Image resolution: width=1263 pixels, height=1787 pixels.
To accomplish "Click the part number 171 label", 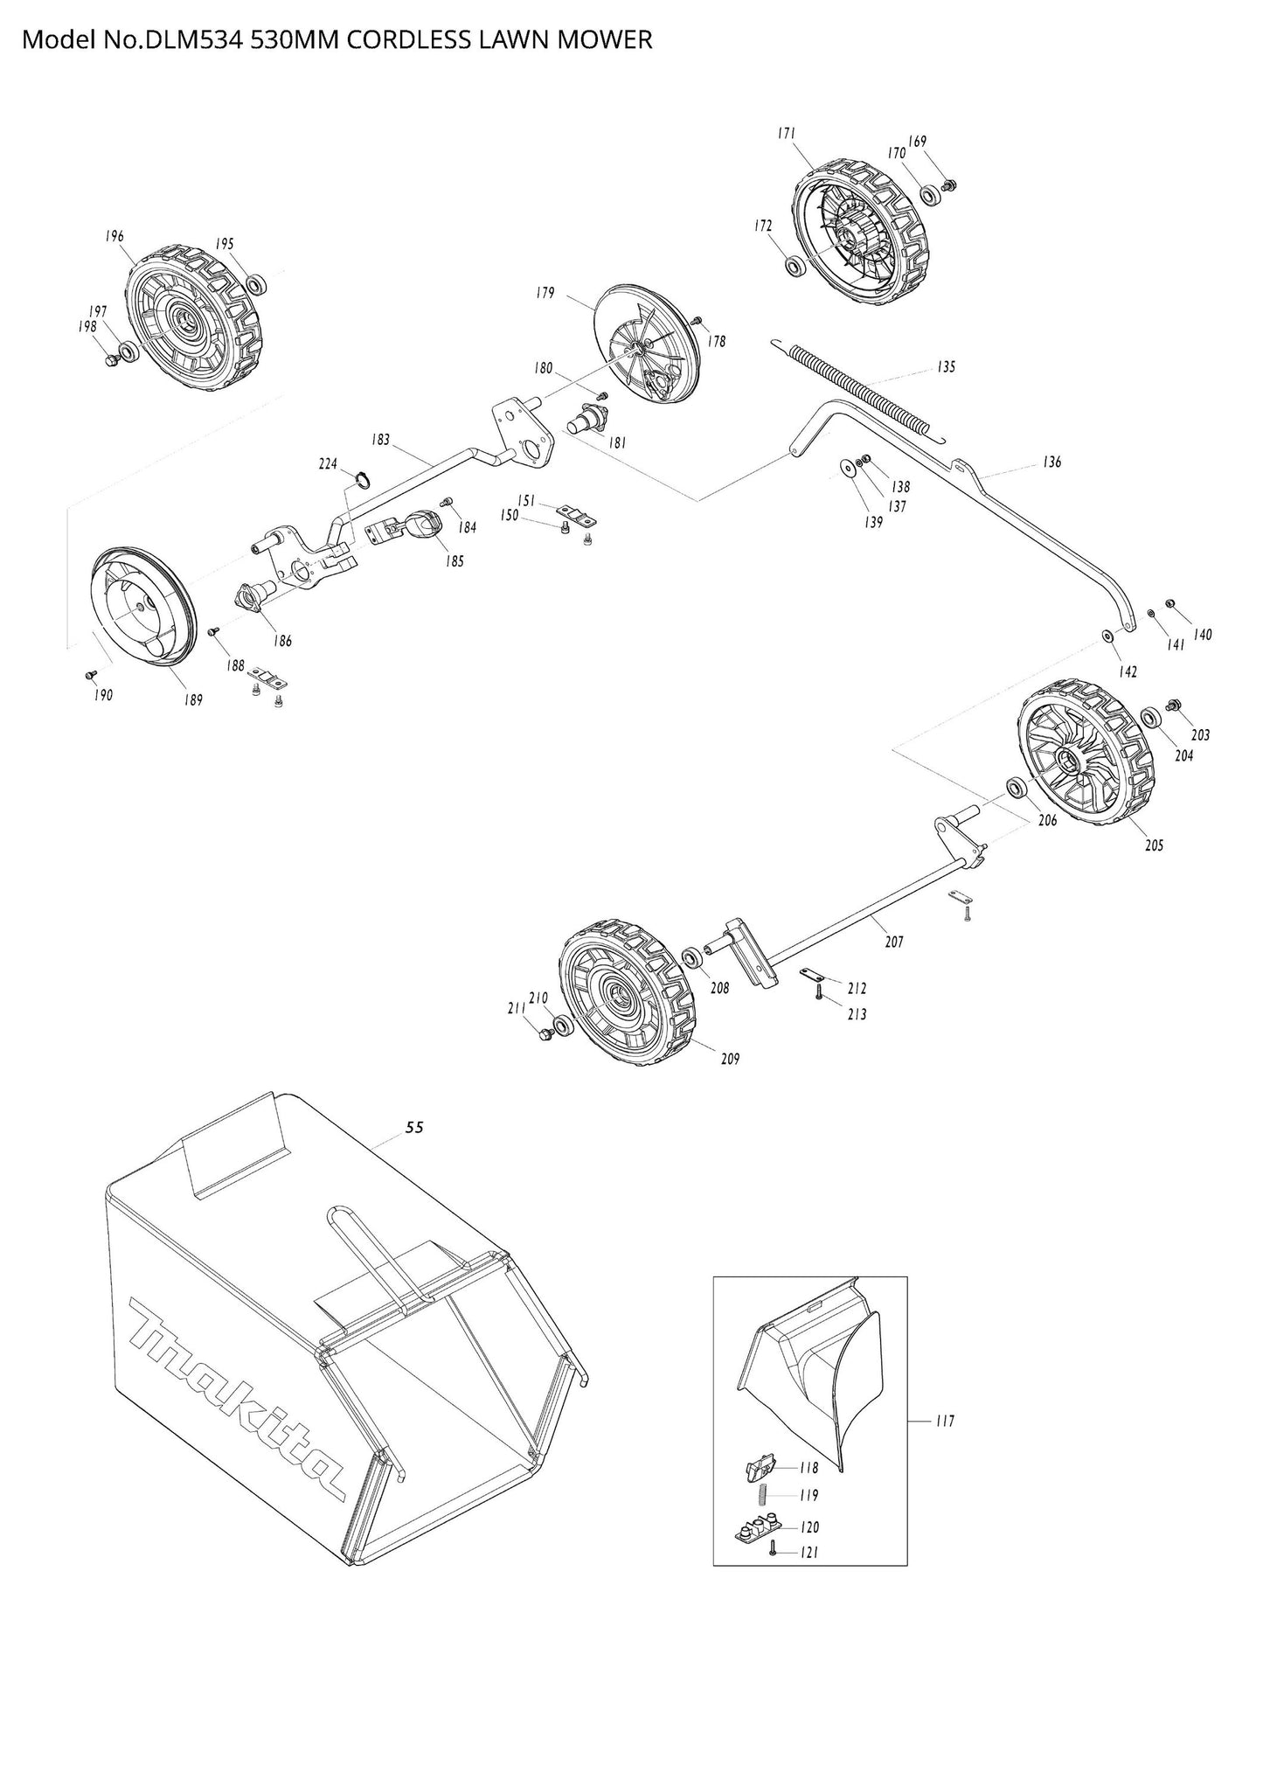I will (786, 134).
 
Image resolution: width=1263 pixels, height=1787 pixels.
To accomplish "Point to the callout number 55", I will (414, 1128).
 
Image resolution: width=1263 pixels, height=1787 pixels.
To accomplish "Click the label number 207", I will (893, 942).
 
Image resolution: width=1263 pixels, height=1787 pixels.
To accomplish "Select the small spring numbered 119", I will (762, 1496).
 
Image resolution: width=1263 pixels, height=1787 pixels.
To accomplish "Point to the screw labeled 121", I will (773, 1552).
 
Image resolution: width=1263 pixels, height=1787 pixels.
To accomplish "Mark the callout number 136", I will (1052, 462).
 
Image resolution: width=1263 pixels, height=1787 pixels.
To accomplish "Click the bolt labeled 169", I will (952, 184).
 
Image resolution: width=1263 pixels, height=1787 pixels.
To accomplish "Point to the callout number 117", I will (944, 1422).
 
